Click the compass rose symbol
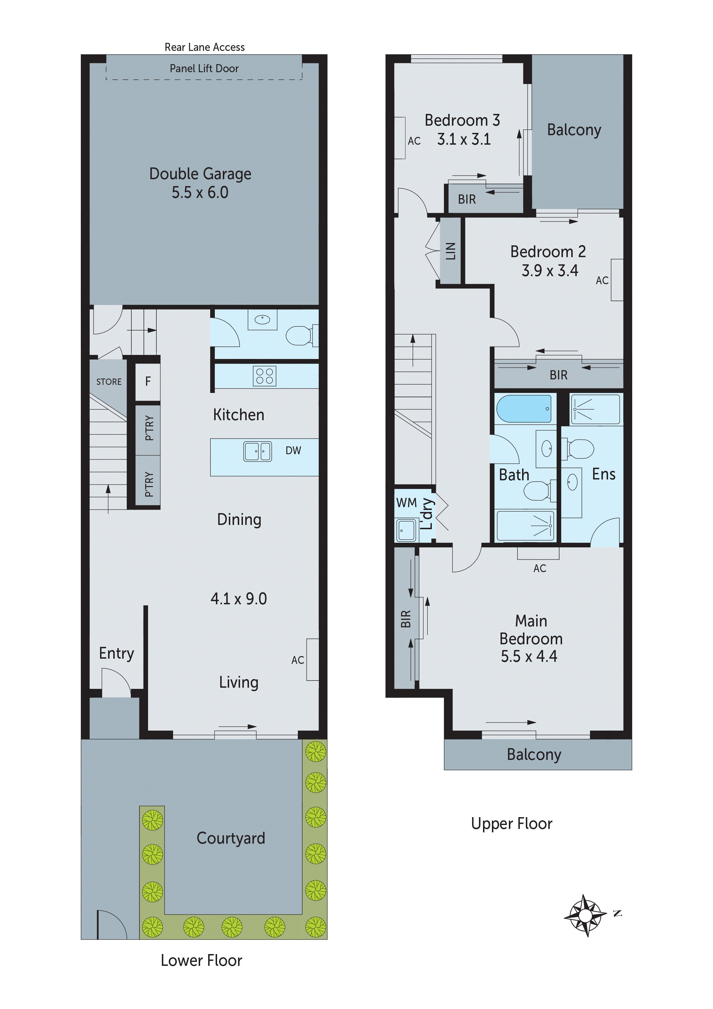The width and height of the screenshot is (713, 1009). (x=586, y=916)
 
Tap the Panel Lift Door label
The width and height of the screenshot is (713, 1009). (x=204, y=68)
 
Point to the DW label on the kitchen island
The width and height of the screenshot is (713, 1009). (x=293, y=450)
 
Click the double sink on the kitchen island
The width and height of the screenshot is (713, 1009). (x=257, y=451)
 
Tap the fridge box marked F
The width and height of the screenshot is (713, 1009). (x=147, y=381)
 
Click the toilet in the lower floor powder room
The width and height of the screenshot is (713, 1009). (x=300, y=336)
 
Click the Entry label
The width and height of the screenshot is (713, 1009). (x=116, y=653)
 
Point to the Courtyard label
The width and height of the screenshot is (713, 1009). (x=231, y=838)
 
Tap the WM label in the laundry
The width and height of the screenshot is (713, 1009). (x=406, y=503)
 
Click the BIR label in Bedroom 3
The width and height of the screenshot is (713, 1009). (x=467, y=200)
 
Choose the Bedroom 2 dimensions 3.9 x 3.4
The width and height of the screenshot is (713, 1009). (x=550, y=271)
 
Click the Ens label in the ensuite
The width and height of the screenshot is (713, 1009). (x=604, y=474)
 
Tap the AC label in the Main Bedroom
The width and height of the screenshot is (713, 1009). (x=539, y=569)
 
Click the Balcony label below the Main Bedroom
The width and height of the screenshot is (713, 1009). (x=534, y=754)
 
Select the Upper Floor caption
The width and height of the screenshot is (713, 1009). (x=511, y=823)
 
